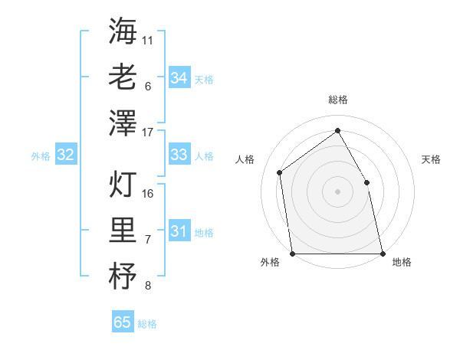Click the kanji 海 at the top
(x=123, y=31)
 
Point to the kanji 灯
(x=123, y=184)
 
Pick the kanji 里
(x=123, y=230)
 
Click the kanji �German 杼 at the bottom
(x=123, y=276)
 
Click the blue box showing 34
(x=179, y=77)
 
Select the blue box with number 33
(x=179, y=155)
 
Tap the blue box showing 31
(x=179, y=231)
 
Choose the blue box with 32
(x=66, y=155)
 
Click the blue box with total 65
(x=123, y=322)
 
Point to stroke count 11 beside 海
(x=148, y=39)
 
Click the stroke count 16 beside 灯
(x=148, y=193)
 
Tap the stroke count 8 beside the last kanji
(x=148, y=286)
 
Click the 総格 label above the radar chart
(x=338, y=100)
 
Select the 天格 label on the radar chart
(x=432, y=159)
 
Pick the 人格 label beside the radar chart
(x=245, y=159)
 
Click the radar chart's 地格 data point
(x=382, y=253)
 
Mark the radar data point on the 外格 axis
(x=293, y=253)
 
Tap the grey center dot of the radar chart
(x=337, y=191)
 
